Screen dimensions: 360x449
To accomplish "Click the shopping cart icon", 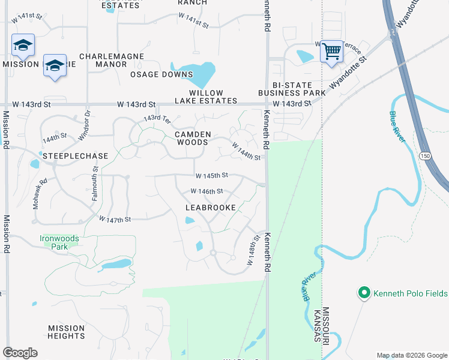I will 331,52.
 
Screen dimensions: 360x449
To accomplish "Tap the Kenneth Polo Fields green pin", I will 363,293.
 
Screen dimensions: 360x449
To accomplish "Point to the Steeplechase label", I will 75,156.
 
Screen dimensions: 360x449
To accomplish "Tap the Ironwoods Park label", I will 59,242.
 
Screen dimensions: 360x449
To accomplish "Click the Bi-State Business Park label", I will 292,89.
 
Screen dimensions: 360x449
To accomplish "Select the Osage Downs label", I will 161,74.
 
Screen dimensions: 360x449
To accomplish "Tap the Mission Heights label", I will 67,332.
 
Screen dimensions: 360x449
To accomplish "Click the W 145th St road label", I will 212,176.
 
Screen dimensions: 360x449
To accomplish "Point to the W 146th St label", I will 206,191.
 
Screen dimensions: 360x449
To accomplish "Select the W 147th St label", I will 115,220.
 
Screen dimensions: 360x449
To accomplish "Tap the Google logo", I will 20,353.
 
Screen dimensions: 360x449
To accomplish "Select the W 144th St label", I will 246,152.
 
